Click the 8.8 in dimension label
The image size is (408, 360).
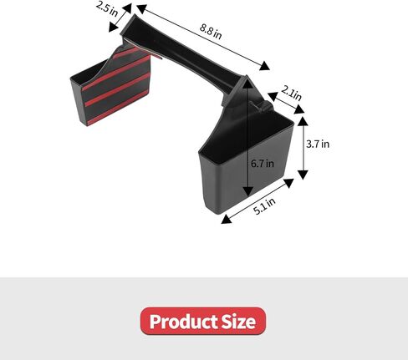[x=211, y=32]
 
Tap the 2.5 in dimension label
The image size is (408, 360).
[x=106, y=8]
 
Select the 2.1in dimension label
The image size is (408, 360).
[x=291, y=93]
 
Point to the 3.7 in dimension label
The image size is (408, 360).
[x=318, y=144]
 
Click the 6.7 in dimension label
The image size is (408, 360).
[x=263, y=163]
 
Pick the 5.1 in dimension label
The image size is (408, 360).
[x=264, y=206]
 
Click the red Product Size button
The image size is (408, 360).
[x=203, y=321]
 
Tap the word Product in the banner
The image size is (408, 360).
[x=183, y=322]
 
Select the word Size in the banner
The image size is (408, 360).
[x=238, y=322]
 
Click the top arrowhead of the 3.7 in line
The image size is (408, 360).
[x=303, y=121]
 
